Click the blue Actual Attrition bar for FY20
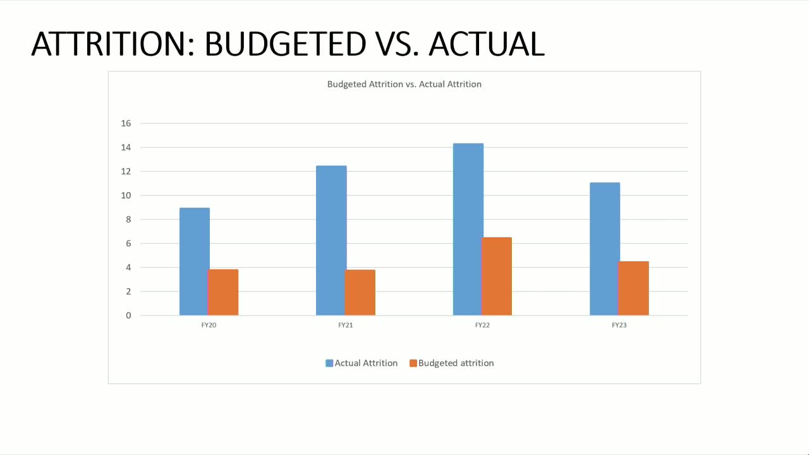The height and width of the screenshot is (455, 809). (194, 262)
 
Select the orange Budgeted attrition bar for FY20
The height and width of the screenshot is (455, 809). (223, 293)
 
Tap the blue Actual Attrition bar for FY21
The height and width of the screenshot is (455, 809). (331, 240)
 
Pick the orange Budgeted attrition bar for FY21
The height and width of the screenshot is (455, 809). (360, 293)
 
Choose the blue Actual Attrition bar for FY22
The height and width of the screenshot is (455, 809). (468, 229)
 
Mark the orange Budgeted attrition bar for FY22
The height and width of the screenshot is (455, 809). (497, 276)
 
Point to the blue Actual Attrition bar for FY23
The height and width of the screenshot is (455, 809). (605, 249)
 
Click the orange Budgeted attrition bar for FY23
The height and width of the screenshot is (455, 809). (633, 288)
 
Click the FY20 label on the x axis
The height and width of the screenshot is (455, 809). (209, 325)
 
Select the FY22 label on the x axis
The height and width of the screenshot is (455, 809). (482, 325)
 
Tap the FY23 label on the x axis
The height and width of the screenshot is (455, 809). (619, 325)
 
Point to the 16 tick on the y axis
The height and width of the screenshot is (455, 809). (126, 123)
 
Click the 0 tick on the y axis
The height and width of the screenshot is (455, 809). (128, 315)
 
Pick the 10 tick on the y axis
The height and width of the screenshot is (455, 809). (126, 195)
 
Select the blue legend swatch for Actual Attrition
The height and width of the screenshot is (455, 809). (329, 363)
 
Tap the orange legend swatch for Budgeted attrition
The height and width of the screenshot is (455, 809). (413, 363)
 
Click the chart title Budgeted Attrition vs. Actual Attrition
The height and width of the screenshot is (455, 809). (404, 84)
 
